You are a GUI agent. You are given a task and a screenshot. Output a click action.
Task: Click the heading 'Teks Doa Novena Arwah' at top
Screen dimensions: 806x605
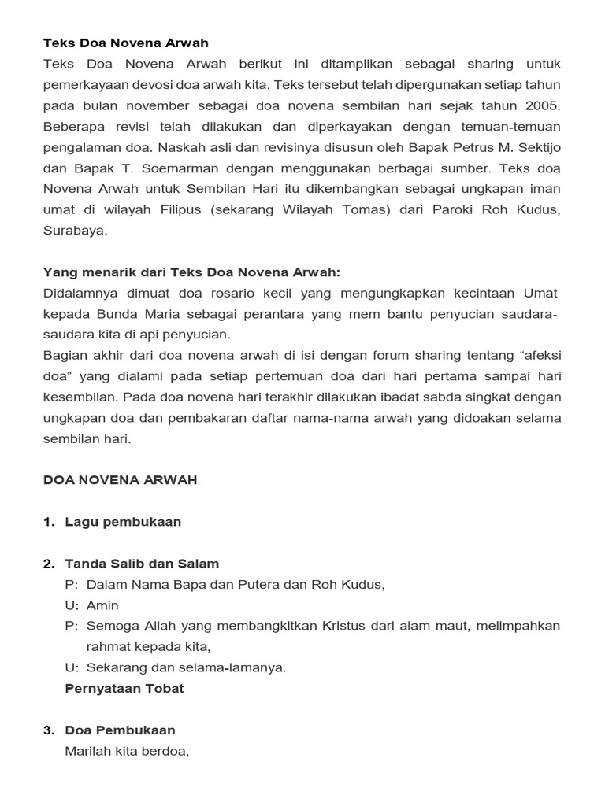(126, 43)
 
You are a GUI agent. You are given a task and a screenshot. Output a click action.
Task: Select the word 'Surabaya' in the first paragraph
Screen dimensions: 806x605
(75, 231)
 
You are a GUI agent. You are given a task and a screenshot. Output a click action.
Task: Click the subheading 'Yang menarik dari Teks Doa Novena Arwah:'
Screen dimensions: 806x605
(191, 272)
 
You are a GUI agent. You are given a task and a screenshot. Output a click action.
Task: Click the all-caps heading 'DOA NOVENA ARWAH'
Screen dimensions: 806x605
(120, 480)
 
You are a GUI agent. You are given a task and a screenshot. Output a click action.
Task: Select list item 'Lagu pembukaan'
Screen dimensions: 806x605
(123, 522)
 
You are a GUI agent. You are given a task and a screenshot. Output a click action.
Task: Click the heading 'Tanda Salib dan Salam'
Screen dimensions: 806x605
(142, 564)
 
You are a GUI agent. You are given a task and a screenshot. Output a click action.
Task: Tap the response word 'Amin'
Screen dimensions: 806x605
(103, 605)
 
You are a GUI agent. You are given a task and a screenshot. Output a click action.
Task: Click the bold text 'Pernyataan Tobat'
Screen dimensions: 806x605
(124, 688)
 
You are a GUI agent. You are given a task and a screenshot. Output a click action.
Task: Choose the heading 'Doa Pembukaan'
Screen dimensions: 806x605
(120, 730)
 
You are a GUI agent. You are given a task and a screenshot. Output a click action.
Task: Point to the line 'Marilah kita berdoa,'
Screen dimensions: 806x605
(128, 751)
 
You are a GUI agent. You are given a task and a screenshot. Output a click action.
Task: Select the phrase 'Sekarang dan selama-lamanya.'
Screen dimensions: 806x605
(186, 667)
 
